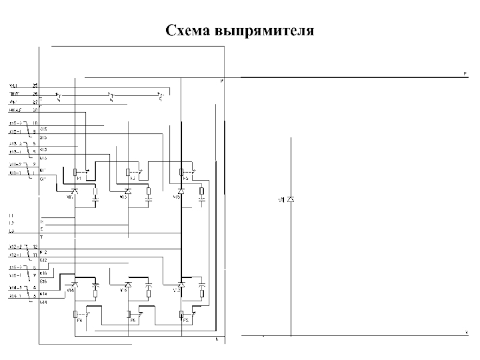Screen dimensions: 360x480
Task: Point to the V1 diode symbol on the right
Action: click(x=290, y=199)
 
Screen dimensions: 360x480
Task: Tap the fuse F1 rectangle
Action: click(x=74, y=172)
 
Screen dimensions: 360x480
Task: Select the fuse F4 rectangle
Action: click(x=74, y=314)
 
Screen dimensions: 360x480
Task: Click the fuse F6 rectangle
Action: click(x=128, y=314)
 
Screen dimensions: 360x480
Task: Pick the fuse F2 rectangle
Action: click(x=182, y=314)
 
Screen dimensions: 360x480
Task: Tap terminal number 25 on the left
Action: click(x=35, y=86)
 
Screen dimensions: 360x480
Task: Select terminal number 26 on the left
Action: click(x=35, y=94)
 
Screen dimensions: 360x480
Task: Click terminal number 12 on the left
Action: click(x=35, y=247)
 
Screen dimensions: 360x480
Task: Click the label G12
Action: click(x=44, y=260)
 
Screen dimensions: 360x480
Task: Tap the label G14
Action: click(x=44, y=302)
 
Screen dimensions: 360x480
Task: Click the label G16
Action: click(x=44, y=281)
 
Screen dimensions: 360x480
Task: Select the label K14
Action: click(x=44, y=294)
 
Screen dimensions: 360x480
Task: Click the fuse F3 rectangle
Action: click(x=128, y=172)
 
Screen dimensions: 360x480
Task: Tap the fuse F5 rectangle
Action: click(x=182, y=172)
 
